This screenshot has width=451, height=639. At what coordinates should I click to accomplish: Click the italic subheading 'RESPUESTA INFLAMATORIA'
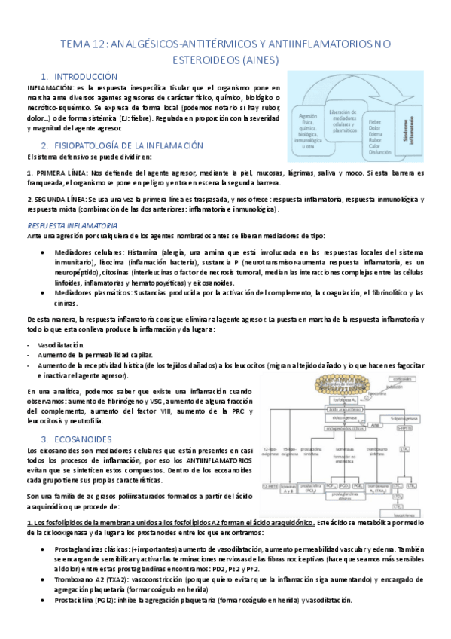(72, 225)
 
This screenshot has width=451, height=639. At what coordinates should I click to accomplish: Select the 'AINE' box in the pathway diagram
(354, 425)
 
